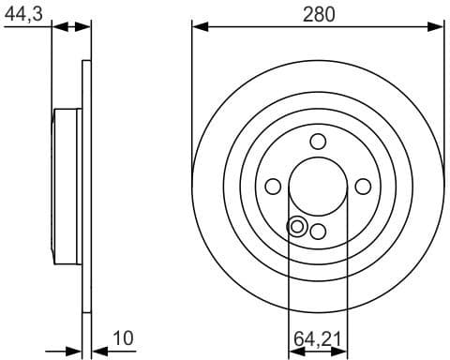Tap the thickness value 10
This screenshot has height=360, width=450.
pyautogui.click(x=122, y=337)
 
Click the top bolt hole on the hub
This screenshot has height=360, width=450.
pyautogui.click(x=318, y=142)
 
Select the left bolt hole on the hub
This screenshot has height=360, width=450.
pyautogui.click(x=273, y=187)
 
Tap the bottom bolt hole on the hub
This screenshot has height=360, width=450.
pyautogui.click(x=318, y=232)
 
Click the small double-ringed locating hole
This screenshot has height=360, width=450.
pyautogui.click(x=296, y=226)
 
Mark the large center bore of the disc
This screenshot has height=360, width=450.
pyautogui.click(x=318, y=187)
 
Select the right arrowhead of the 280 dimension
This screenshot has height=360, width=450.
pyautogui.click(x=438, y=28)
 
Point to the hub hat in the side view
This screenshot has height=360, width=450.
pyautogui.click(x=66, y=187)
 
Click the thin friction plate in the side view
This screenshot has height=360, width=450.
pyautogui.click(x=87, y=187)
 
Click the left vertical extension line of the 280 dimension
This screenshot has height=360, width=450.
pyautogui.click(x=191, y=94)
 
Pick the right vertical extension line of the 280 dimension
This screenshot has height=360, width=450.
pyautogui.click(x=443, y=94)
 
